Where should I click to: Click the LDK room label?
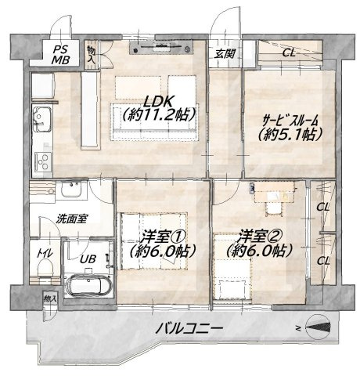click(x=159, y=100)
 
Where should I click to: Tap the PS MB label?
click(x=60, y=54)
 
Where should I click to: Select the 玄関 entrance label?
click(x=225, y=54)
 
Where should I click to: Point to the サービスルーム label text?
click(x=290, y=121)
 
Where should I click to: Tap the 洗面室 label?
click(x=72, y=219)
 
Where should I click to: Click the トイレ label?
click(x=45, y=253)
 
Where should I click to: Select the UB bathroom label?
click(x=88, y=258)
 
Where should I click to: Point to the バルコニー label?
click(x=189, y=328)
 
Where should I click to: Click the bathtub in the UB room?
click(x=89, y=286)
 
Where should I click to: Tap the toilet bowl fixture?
click(x=45, y=269)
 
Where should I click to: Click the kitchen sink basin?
click(x=41, y=120)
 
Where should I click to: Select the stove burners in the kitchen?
click(x=43, y=162)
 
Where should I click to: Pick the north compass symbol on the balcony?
click(x=318, y=327)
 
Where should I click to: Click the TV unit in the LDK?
click(x=161, y=47)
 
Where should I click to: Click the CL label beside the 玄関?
click(x=289, y=53)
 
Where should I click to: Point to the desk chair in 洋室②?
click(x=274, y=208)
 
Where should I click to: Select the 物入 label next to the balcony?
click(x=50, y=298)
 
